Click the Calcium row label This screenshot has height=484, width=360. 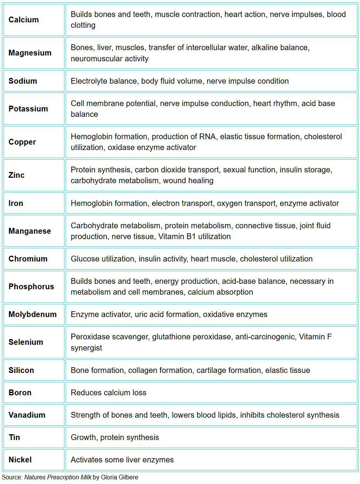[24, 20]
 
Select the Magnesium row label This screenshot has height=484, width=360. [30, 53]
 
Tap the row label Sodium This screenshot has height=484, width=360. [23, 81]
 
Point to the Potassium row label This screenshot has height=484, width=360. [28, 109]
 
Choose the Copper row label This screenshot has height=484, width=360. [22, 142]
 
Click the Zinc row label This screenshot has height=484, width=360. [17, 175]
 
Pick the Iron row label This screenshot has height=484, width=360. [16, 203]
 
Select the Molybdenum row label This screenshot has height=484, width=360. [32, 314]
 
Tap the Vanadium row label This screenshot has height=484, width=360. [27, 415]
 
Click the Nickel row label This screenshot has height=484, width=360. [20, 460]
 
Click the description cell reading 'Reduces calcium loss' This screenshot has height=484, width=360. [108, 393]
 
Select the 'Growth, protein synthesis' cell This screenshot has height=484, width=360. [115, 437]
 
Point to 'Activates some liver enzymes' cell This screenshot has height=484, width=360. [122, 460]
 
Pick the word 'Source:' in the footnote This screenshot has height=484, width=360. [12, 477]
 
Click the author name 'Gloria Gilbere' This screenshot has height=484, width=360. [119, 477]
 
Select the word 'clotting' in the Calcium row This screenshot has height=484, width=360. [83, 25]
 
